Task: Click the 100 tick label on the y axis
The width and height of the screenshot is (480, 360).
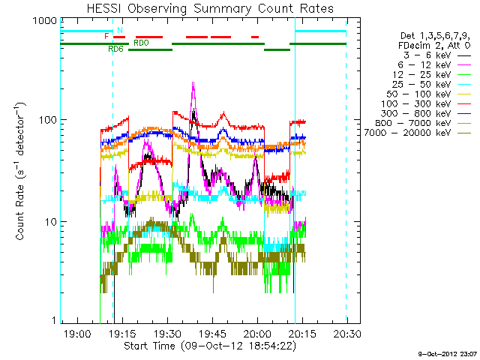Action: click(46, 120)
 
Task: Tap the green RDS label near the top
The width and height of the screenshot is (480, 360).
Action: click(116, 49)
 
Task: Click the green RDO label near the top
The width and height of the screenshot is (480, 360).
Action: click(141, 43)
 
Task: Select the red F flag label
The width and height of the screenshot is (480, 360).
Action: click(106, 36)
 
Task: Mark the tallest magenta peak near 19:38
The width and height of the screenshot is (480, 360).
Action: click(193, 83)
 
